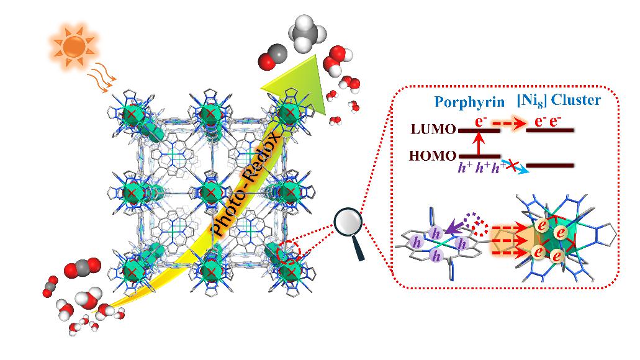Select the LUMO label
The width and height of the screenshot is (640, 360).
[x=433, y=130]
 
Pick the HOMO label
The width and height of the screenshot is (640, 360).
[x=432, y=155]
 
